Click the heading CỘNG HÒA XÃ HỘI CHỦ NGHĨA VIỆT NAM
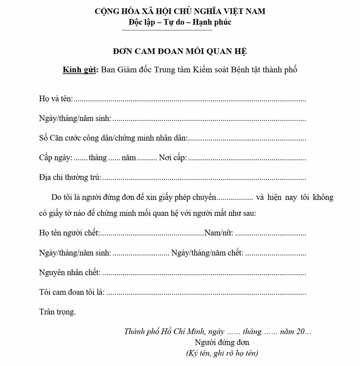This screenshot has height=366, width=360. (180, 11)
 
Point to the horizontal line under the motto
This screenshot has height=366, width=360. (167, 30)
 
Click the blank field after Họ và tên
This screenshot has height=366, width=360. (190, 100)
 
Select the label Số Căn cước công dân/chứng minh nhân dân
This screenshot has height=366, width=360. (113, 138)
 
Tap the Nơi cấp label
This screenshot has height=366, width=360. (173, 158)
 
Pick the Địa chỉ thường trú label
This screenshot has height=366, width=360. (70, 177)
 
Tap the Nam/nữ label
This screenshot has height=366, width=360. (219, 233)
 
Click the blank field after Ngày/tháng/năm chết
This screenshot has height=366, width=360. (276, 254)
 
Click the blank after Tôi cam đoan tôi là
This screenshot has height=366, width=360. (206, 294)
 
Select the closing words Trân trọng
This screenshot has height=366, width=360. (57, 312)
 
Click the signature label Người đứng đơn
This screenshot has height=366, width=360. (222, 342)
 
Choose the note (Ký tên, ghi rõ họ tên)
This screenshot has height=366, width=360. (222, 353)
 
